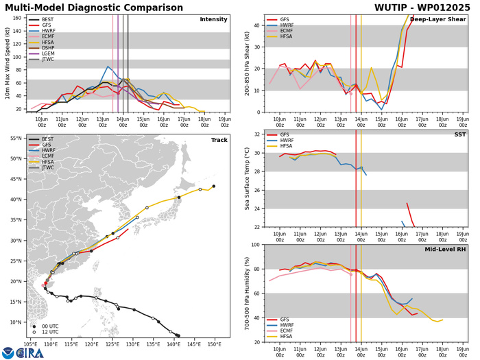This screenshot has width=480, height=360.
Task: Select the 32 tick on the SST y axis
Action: [256, 134]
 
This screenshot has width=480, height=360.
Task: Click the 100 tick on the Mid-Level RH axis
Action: [255, 245]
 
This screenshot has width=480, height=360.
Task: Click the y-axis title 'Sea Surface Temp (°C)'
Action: [245, 180]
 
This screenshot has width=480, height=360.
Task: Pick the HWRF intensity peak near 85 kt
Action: [108, 67]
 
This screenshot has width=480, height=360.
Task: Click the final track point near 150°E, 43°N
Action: [214, 186]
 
